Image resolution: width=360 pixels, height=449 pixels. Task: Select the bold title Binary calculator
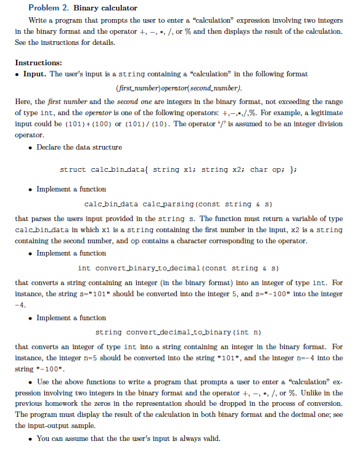pos(105,8)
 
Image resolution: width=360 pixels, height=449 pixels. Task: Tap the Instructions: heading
pos(38,63)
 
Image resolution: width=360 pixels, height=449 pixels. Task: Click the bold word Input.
pos(35,74)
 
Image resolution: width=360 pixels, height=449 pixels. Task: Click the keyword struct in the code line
pos(73,169)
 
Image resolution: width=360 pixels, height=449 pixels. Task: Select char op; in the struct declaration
pos(266,169)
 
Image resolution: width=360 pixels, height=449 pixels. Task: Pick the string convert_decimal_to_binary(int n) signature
pos(176,333)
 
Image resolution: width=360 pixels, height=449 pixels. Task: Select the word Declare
pos(50,147)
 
